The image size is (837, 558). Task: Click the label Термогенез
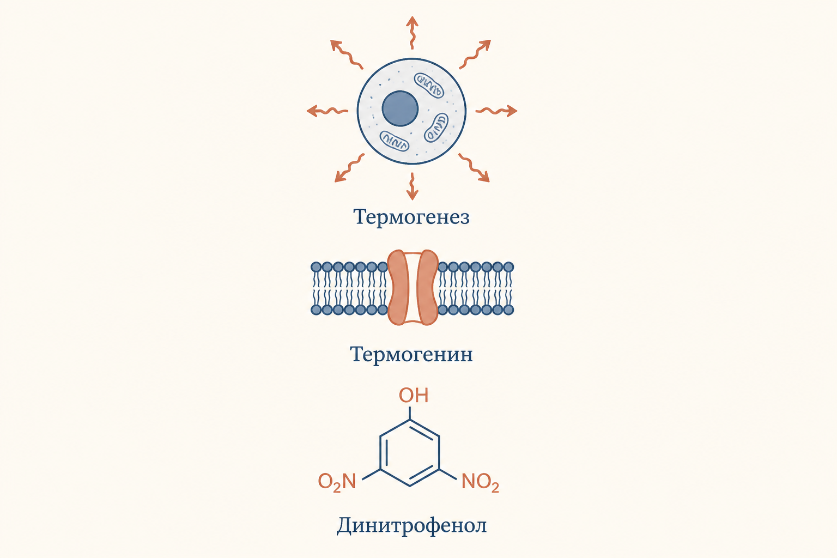click(x=411, y=217)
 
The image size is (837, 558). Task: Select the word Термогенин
click(x=411, y=354)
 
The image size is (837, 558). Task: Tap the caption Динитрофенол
click(x=411, y=525)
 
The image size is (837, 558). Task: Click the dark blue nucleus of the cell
click(x=400, y=108)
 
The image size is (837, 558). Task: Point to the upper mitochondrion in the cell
click(x=429, y=85)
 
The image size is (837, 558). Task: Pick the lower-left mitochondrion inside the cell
click(x=394, y=141)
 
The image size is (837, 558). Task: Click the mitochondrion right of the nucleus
click(x=436, y=128)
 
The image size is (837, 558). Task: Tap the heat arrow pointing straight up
click(x=412, y=33)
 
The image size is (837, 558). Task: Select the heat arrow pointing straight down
click(x=412, y=186)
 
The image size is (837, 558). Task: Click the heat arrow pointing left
click(x=327, y=111)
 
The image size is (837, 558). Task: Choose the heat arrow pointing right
click(x=496, y=111)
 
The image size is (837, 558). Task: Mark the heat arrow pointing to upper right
click(x=475, y=54)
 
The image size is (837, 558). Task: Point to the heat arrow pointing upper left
click(x=347, y=54)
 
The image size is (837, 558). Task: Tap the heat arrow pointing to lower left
click(x=349, y=168)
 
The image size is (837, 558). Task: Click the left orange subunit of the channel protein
click(x=398, y=287)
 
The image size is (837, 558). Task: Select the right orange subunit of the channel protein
click(x=427, y=287)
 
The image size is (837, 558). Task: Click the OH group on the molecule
click(x=413, y=396)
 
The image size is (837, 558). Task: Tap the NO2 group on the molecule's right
click(x=480, y=482)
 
